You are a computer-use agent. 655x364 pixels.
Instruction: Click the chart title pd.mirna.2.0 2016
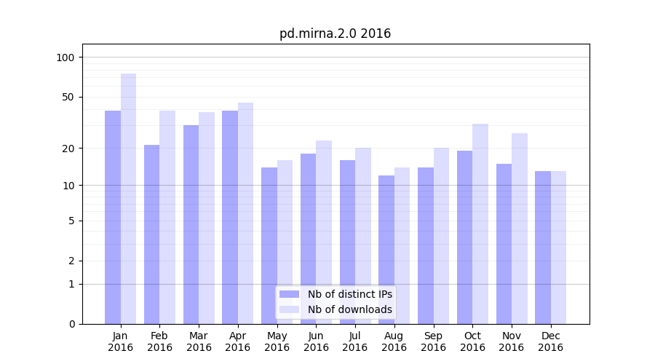click(x=335, y=33)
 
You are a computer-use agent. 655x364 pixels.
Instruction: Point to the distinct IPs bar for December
click(x=543, y=248)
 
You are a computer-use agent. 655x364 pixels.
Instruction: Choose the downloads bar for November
click(x=520, y=229)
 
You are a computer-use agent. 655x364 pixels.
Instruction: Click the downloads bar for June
click(x=324, y=232)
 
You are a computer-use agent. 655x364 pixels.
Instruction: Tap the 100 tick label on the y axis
click(x=65, y=58)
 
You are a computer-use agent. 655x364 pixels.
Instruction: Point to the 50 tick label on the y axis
click(x=68, y=97)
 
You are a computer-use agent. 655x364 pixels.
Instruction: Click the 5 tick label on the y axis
click(x=71, y=221)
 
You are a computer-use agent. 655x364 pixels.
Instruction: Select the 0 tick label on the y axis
click(x=71, y=324)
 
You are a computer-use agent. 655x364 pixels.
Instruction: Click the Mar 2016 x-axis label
click(x=199, y=341)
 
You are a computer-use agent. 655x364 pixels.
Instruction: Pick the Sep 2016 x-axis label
click(x=433, y=341)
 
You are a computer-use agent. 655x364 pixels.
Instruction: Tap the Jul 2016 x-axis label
click(x=355, y=341)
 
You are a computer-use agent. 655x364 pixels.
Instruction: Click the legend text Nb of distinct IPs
click(x=350, y=294)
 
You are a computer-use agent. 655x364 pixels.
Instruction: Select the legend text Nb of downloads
click(x=350, y=309)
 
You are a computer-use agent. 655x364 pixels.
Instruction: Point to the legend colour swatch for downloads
click(x=290, y=309)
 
